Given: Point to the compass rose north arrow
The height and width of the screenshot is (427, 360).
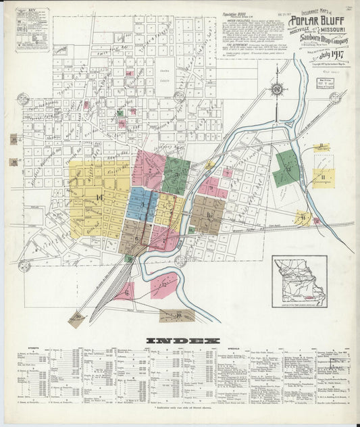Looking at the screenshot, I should (277, 89).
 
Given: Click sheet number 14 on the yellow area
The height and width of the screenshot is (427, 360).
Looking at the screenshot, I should (100, 197).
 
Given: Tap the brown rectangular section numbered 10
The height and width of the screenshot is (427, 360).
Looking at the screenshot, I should (178, 315).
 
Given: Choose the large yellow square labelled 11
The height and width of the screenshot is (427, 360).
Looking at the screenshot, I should (324, 178).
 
